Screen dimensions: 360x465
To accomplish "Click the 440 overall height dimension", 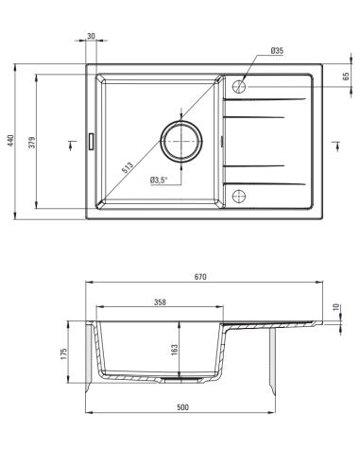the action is tap(11, 141).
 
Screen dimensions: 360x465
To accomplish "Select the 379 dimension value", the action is tap(32, 143).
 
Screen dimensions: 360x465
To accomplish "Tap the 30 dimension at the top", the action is tap(91, 36).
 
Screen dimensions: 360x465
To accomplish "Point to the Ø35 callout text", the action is tap(277, 50).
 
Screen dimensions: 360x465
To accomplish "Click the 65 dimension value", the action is tap(346, 76).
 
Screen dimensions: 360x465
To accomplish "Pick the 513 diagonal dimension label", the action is tap(128, 167).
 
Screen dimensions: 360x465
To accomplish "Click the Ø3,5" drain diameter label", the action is tap(159, 181).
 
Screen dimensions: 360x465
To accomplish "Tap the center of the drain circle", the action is tap(181, 142).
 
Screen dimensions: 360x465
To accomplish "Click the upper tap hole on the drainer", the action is tap(239, 86).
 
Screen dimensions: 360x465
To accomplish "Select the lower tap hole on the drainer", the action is tap(239, 197).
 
